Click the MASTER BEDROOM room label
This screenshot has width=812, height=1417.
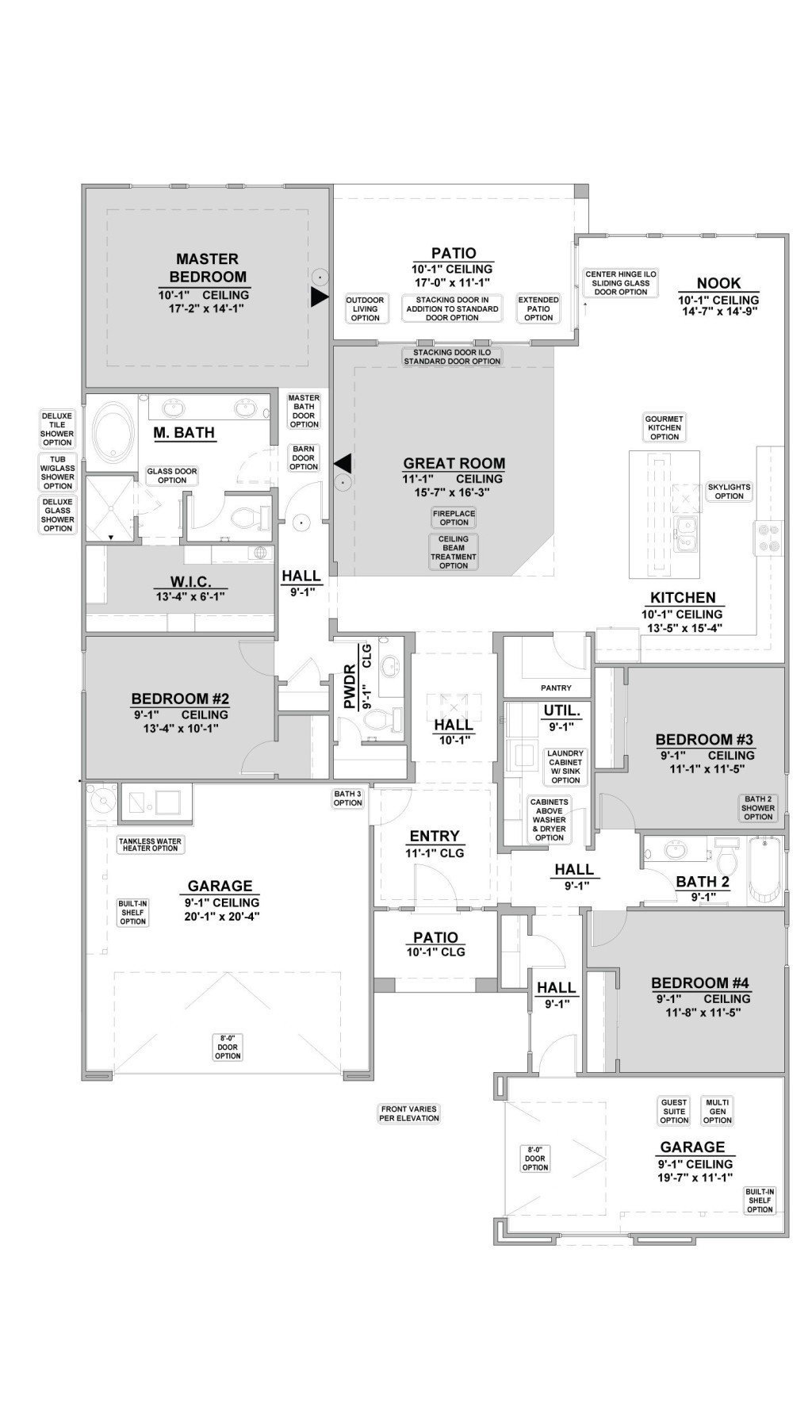click(x=207, y=268)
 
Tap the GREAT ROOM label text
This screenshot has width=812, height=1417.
click(x=454, y=463)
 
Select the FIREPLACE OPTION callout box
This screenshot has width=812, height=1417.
click(x=454, y=518)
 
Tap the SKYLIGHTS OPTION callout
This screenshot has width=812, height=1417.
click(x=729, y=492)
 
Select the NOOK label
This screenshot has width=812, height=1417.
click(x=718, y=283)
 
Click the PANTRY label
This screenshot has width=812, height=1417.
click(x=555, y=687)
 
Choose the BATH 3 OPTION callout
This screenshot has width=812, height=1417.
click(x=347, y=798)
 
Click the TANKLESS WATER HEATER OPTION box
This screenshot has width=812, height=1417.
click(x=150, y=844)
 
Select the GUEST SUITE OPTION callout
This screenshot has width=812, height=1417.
click(x=673, y=1111)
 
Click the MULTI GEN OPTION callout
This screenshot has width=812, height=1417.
click(x=717, y=1111)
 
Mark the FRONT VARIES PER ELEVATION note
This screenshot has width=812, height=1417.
click(x=409, y=1113)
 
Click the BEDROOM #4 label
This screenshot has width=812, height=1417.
click(x=700, y=983)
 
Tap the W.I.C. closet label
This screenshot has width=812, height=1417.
click(x=190, y=581)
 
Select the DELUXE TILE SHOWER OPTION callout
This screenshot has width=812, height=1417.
click(x=57, y=429)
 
